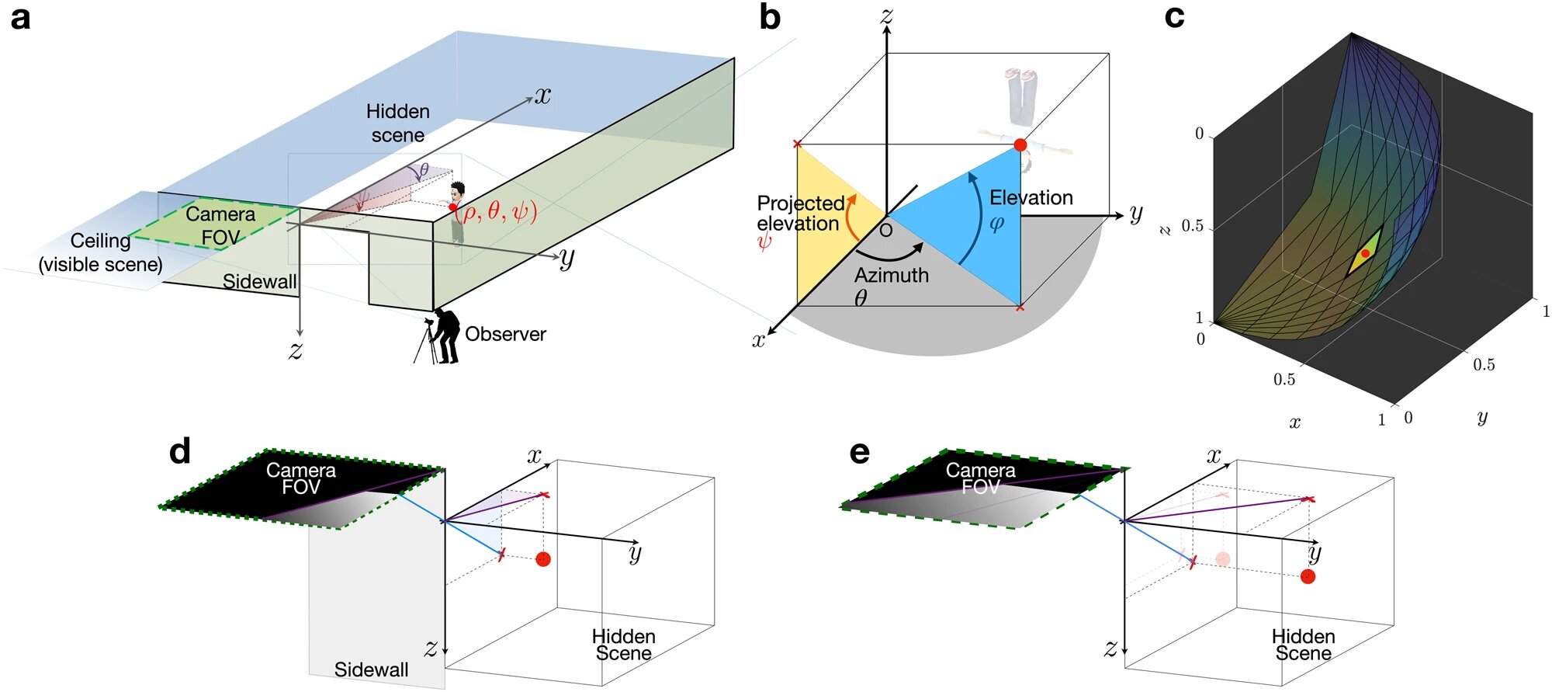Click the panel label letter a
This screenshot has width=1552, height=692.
pyautogui.click(x=20, y=18)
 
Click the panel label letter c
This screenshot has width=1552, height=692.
pyautogui.click(x=1174, y=16)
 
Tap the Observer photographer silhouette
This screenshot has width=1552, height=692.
pyautogui.click(x=442, y=336)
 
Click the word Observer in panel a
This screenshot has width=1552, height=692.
pyautogui.click(x=505, y=334)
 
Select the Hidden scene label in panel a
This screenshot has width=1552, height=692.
pyautogui.click(x=397, y=123)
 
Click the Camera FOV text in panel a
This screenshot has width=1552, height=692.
pyautogui.click(x=220, y=225)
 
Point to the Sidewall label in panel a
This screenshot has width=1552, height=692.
pyautogui.click(x=259, y=282)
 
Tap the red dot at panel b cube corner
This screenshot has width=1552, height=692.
pyautogui.click(x=1020, y=145)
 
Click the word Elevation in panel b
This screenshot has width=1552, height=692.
pyautogui.click(x=1031, y=197)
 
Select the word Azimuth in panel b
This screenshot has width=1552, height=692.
pyautogui.click(x=891, y=275)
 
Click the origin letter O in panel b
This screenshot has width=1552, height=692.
pyautogui.click(x=885, y=231)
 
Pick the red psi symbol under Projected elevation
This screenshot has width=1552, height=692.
pyautogui.click(x=764, y=242)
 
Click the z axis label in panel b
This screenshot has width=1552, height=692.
pyautogui.click(x=886, y=15)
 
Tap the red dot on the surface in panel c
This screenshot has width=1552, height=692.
pyautogui.click(x=1365, y=254)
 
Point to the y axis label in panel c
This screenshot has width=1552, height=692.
pyautogui.click(x=1482, y=417)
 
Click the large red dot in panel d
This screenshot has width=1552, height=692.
pyautogui.click(x=543, y=559)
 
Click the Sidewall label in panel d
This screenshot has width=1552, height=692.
pyautogui.click(x=371, y=669)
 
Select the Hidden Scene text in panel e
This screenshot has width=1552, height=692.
pyautogui.click(x=1303, y=645)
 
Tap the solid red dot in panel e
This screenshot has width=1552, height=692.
pyautogui.click(x=1308, y=576)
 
